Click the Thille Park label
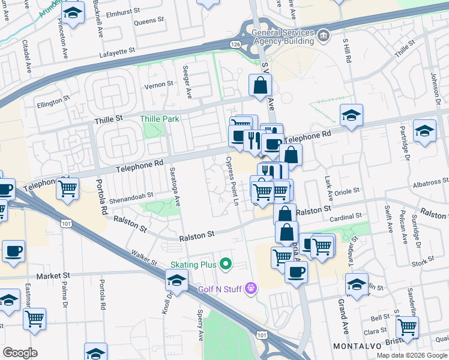point(160,119)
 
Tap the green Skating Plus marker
point(226,263)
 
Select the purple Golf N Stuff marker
point(250,289)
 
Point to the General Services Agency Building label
point(283,37)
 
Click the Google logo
point(20,353)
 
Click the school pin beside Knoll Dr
point(176,280)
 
